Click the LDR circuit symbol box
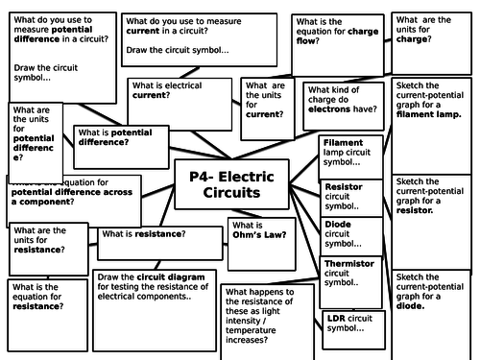point(352,326)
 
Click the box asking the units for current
point(265,104)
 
